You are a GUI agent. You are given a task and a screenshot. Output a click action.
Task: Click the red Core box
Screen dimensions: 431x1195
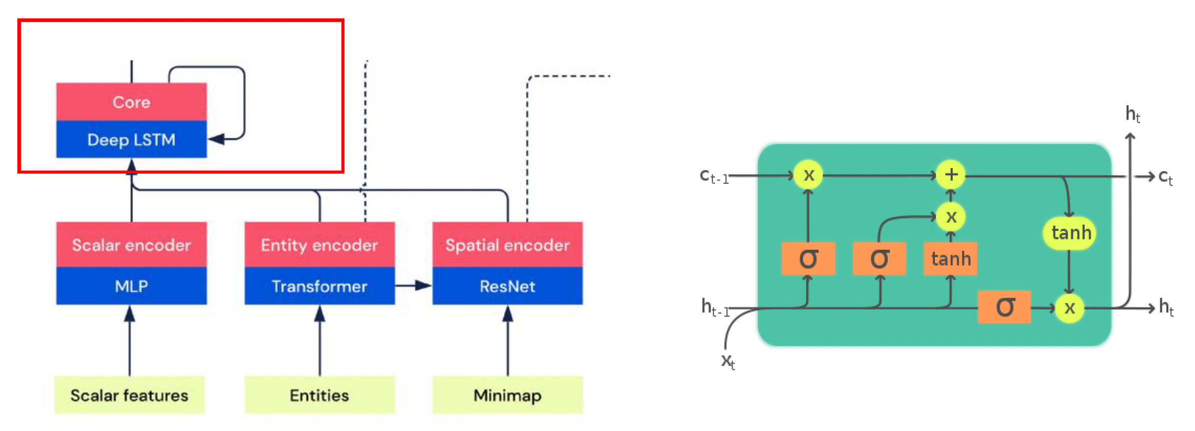click(131, 102)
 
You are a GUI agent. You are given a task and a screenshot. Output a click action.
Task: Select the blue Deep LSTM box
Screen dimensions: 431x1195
click(131, 139)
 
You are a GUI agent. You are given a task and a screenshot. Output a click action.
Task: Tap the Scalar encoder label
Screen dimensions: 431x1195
click(131, 245)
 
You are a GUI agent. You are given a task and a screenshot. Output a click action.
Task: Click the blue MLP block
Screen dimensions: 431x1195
click(131, 286)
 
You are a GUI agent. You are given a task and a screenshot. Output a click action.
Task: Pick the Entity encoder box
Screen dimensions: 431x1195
click(319, 245)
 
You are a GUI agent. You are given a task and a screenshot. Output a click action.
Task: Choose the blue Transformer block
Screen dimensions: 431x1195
click(319, 286)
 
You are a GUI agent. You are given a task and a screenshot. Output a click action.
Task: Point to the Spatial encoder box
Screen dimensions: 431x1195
click(508, 245)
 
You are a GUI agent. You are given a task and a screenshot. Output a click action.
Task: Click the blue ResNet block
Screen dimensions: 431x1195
click(508, 286)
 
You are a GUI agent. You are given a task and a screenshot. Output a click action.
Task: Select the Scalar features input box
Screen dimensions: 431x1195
click(129, 395)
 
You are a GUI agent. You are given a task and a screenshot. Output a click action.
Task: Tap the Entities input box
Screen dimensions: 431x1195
click(319, 395)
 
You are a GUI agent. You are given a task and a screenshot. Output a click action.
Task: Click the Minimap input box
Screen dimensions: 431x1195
click(508, 395)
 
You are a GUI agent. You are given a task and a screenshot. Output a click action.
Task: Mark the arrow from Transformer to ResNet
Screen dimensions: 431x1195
click(413, 285)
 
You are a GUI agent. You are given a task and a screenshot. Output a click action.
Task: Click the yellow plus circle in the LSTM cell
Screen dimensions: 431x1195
click(951, 175)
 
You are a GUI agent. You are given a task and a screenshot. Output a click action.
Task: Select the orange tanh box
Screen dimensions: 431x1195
click(951, 259)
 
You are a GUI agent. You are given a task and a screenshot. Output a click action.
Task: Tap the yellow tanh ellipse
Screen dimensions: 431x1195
click(1070, 233)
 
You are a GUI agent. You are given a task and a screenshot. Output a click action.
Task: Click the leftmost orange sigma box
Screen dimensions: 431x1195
click(808, 259)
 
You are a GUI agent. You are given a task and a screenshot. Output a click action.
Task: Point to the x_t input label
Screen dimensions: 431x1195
click(728, 361)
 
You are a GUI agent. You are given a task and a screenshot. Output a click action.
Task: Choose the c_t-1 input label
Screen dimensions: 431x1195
click(714, 176)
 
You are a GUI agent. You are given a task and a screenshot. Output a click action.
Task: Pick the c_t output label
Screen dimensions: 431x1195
click(1165, 177)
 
